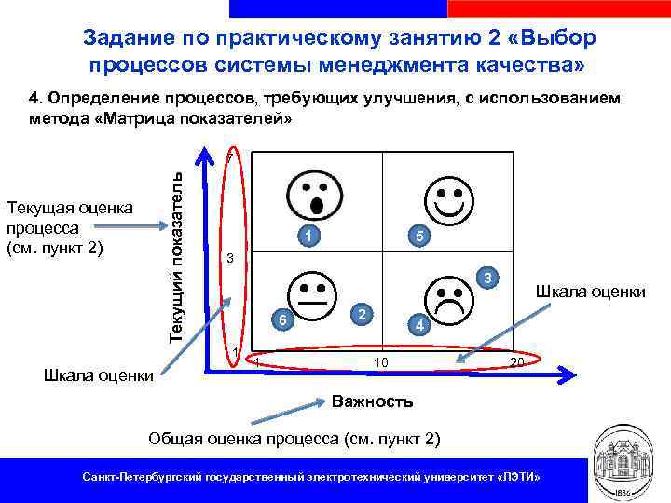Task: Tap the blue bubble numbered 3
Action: (494, 277)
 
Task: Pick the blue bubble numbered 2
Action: (364, 311)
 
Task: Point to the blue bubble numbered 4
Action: (420, 326)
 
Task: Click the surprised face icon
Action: (318, 195)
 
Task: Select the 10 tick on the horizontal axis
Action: (380, 361)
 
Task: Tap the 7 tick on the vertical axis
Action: (230, 157)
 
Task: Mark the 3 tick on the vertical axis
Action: (229, 258)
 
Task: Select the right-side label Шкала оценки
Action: (590, 292)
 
